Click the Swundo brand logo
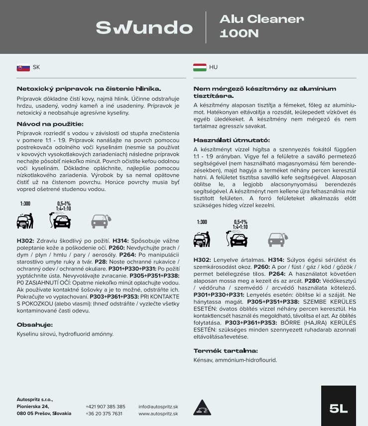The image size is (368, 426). pos(144,27)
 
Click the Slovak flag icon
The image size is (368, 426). pos(23,67)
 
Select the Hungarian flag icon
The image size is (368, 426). pos(200,67)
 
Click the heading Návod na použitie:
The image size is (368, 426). pos(50,124)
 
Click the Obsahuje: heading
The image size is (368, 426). pos(35,325)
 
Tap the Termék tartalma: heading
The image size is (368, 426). pos(226,350)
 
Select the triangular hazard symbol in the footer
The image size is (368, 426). pos(200,407)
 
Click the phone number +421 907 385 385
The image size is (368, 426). pos(106,407)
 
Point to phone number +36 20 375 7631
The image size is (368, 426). pos(104,414)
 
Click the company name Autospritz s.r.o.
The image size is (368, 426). pos(35,400)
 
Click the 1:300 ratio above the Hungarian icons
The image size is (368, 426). pos(202,222)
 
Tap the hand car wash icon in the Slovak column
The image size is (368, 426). pos(25,220)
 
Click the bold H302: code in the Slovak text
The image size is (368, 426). pos(25,240)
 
